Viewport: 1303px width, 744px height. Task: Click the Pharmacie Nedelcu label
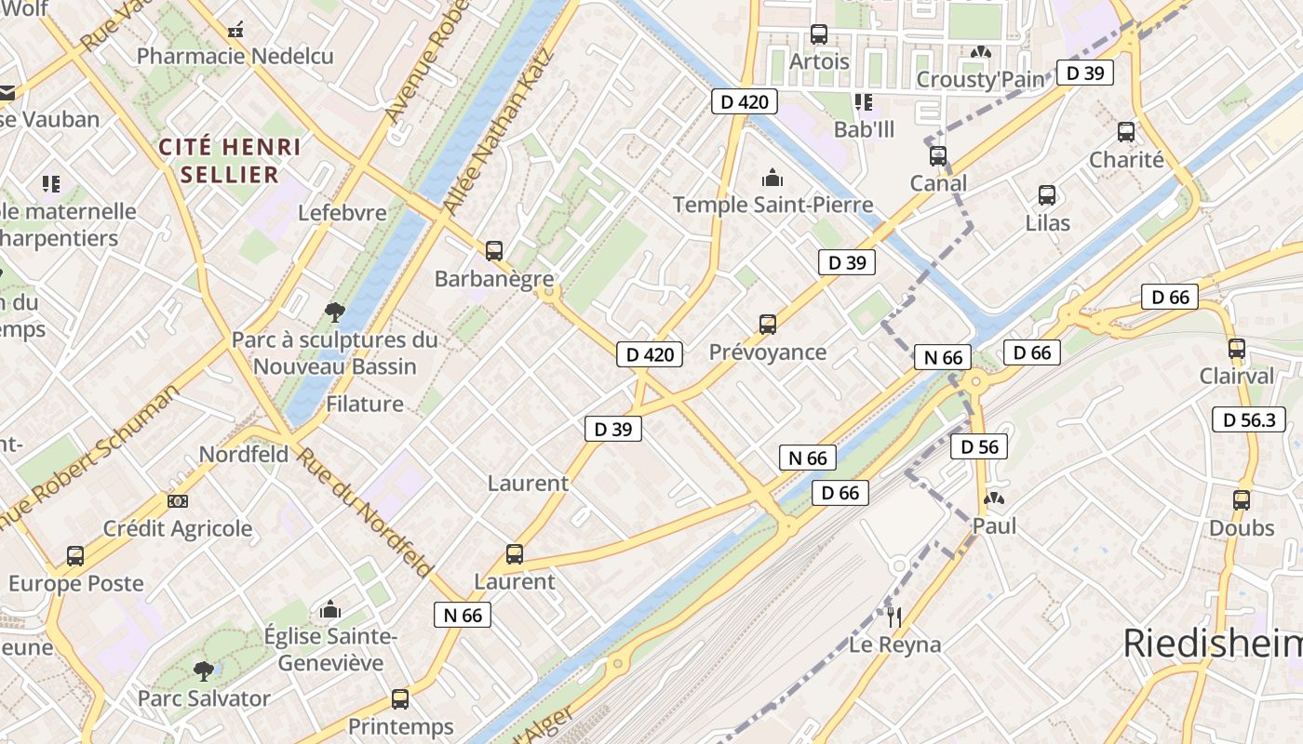click(x=235, y=57)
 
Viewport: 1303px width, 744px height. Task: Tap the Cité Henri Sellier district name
click(x=229, y=160)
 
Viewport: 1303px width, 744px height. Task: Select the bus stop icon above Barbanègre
click(x=494, y=250)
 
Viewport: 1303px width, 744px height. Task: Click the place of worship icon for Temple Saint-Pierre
click(x=772, y=178)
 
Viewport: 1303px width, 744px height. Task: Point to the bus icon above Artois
click(x=819, y=34)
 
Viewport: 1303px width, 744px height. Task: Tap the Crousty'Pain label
click(x=981, y=80)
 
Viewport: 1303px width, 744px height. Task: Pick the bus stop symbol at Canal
click(x=938, y=155)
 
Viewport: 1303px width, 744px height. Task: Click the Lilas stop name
click(x=1047, y=223)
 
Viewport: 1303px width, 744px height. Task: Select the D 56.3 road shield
click(x=1249, y=419)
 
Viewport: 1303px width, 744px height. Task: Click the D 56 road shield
click(x=979, y=447)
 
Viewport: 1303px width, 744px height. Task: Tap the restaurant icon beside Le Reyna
click(x=894, y=617)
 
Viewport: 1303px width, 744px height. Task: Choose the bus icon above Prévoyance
click(x=768, y=325)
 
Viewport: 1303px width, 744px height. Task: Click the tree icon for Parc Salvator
click(x=203, y=671)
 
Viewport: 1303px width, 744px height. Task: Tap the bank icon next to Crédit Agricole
click(x=178, y=501)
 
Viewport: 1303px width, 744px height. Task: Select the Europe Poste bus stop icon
click(x=75, y=556)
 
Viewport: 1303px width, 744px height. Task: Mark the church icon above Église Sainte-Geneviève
click(x=330, y=610)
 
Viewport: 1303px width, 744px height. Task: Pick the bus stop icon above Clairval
click(x=1237, y=350)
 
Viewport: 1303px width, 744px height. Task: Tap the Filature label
click(x=365, y=404)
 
